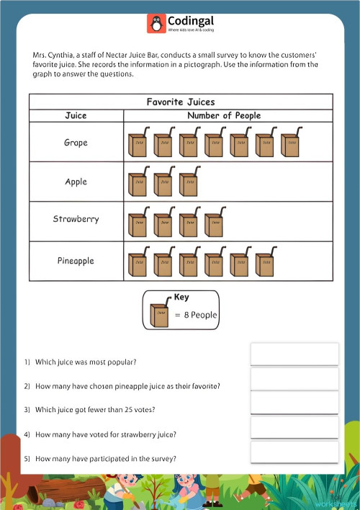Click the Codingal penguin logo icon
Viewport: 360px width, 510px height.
coord(156,23)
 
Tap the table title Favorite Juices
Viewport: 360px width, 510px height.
coord(181,102)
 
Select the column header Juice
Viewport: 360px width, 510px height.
coord(76,115)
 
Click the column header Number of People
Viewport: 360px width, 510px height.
coord(224,115)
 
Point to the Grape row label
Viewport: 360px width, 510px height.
coord(76,143)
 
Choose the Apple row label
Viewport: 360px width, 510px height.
coord(76,182)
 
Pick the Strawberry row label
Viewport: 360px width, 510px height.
coord(76,219)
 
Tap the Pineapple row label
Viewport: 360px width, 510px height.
coord(76,261)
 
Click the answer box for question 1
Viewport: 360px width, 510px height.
coord(294,354)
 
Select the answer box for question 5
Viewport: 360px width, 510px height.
coord(294,452)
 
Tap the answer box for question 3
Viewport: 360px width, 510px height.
coord(294,403)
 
